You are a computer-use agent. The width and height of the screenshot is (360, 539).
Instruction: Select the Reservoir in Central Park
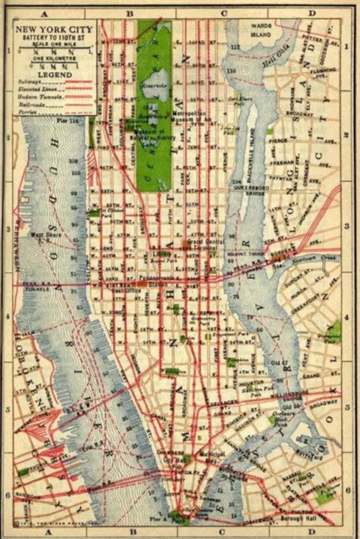tap(155, 87)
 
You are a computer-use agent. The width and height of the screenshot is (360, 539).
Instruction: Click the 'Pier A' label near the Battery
tap(158, 516)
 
